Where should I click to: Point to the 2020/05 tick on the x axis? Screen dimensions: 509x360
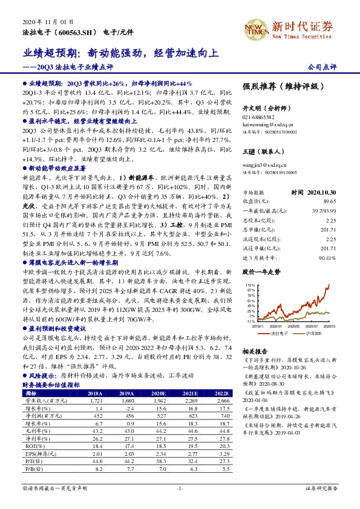[296, 325]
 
